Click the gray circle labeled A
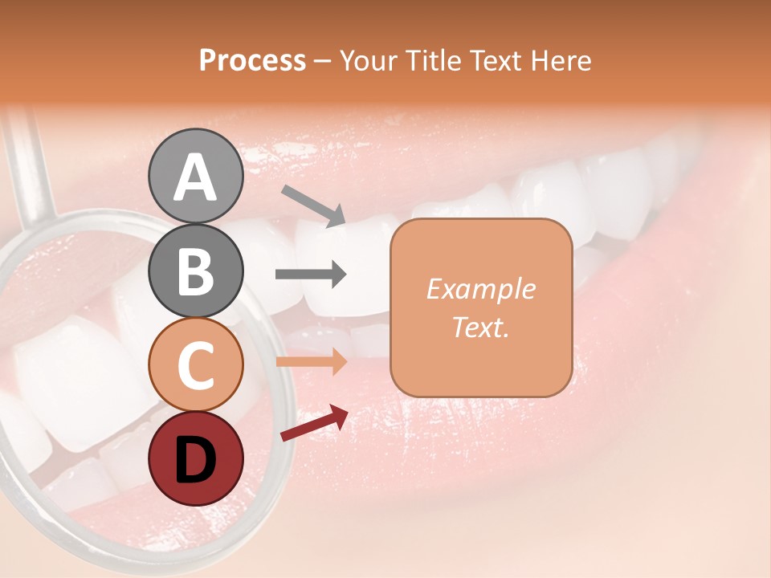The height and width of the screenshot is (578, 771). pos(195,176)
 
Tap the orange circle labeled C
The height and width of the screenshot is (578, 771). pos(195,364)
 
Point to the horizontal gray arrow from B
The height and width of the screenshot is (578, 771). pos(311,275)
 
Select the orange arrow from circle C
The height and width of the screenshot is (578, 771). pos(311,361)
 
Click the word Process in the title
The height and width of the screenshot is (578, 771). pos(252,60)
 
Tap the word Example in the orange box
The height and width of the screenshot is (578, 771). pos(480,289)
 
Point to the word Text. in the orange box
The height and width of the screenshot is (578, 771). pos(480,327)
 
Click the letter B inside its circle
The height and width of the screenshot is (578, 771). pos(195,271)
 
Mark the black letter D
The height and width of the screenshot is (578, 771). pos(195,459)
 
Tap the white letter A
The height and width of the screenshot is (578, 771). pos(195,177)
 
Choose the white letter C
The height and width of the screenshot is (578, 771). pos(195,366)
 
